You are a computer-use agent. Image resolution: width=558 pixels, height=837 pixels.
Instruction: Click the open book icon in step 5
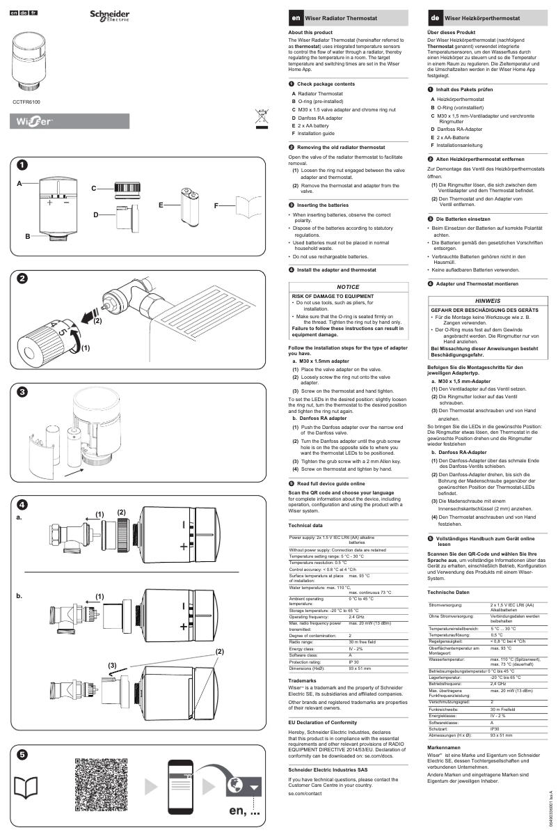click(x=26, y=787)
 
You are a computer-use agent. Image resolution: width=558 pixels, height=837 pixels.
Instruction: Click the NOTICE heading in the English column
click(x=347, y=287)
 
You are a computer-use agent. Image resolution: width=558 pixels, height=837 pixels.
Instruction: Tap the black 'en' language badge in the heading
click(x=296, y=17)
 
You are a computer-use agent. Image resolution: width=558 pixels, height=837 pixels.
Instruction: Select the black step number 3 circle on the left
click(x=22, y=392)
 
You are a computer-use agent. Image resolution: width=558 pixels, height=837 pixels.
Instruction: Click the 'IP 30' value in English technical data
click(x=353, y=662)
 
